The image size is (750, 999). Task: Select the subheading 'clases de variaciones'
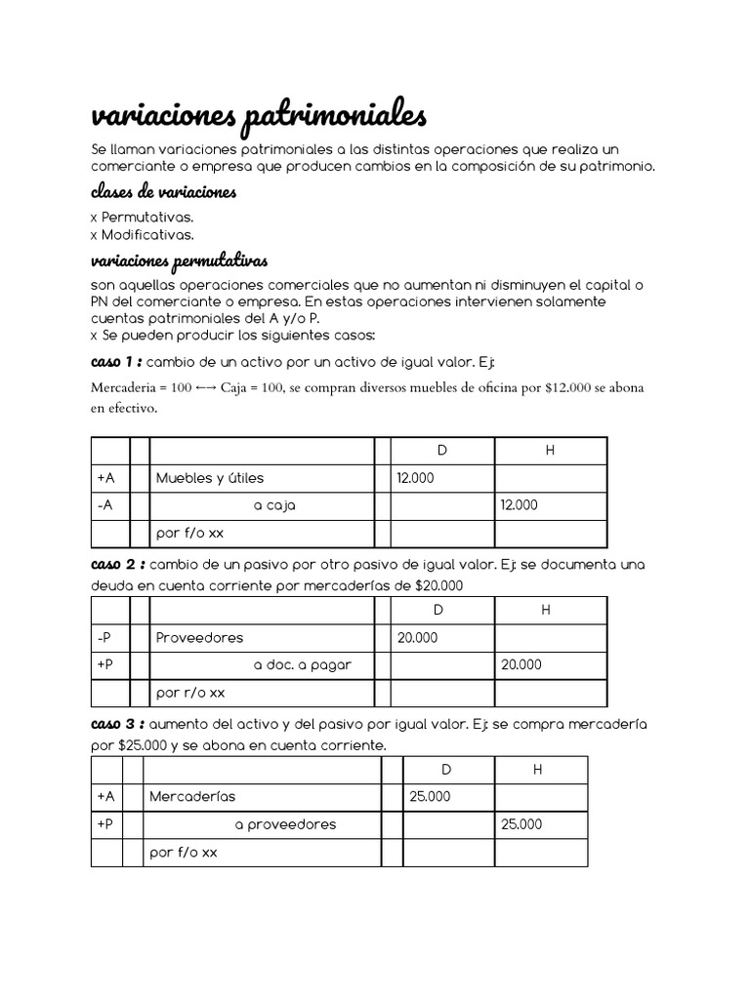(163, 192)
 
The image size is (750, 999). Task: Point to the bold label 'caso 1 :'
(116, 363)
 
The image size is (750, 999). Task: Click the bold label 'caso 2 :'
(118, 565)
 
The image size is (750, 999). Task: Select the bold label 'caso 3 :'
(118, 725)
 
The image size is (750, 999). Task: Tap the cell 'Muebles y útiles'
(210, 478)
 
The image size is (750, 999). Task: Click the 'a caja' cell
(274, 506)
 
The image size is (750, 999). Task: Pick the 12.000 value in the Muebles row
(416, 478)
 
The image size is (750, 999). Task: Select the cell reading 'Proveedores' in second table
(199, 638)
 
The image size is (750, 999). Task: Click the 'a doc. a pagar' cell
(302, 665)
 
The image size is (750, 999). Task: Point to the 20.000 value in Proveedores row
(418, 638)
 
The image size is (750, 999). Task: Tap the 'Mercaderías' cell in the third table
(192, 796)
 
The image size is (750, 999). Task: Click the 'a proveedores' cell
(285, 824)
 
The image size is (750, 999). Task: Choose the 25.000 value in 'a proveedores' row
(521, 824)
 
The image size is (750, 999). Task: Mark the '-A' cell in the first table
(105, 506)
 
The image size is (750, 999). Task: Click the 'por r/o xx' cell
(190, 693)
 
